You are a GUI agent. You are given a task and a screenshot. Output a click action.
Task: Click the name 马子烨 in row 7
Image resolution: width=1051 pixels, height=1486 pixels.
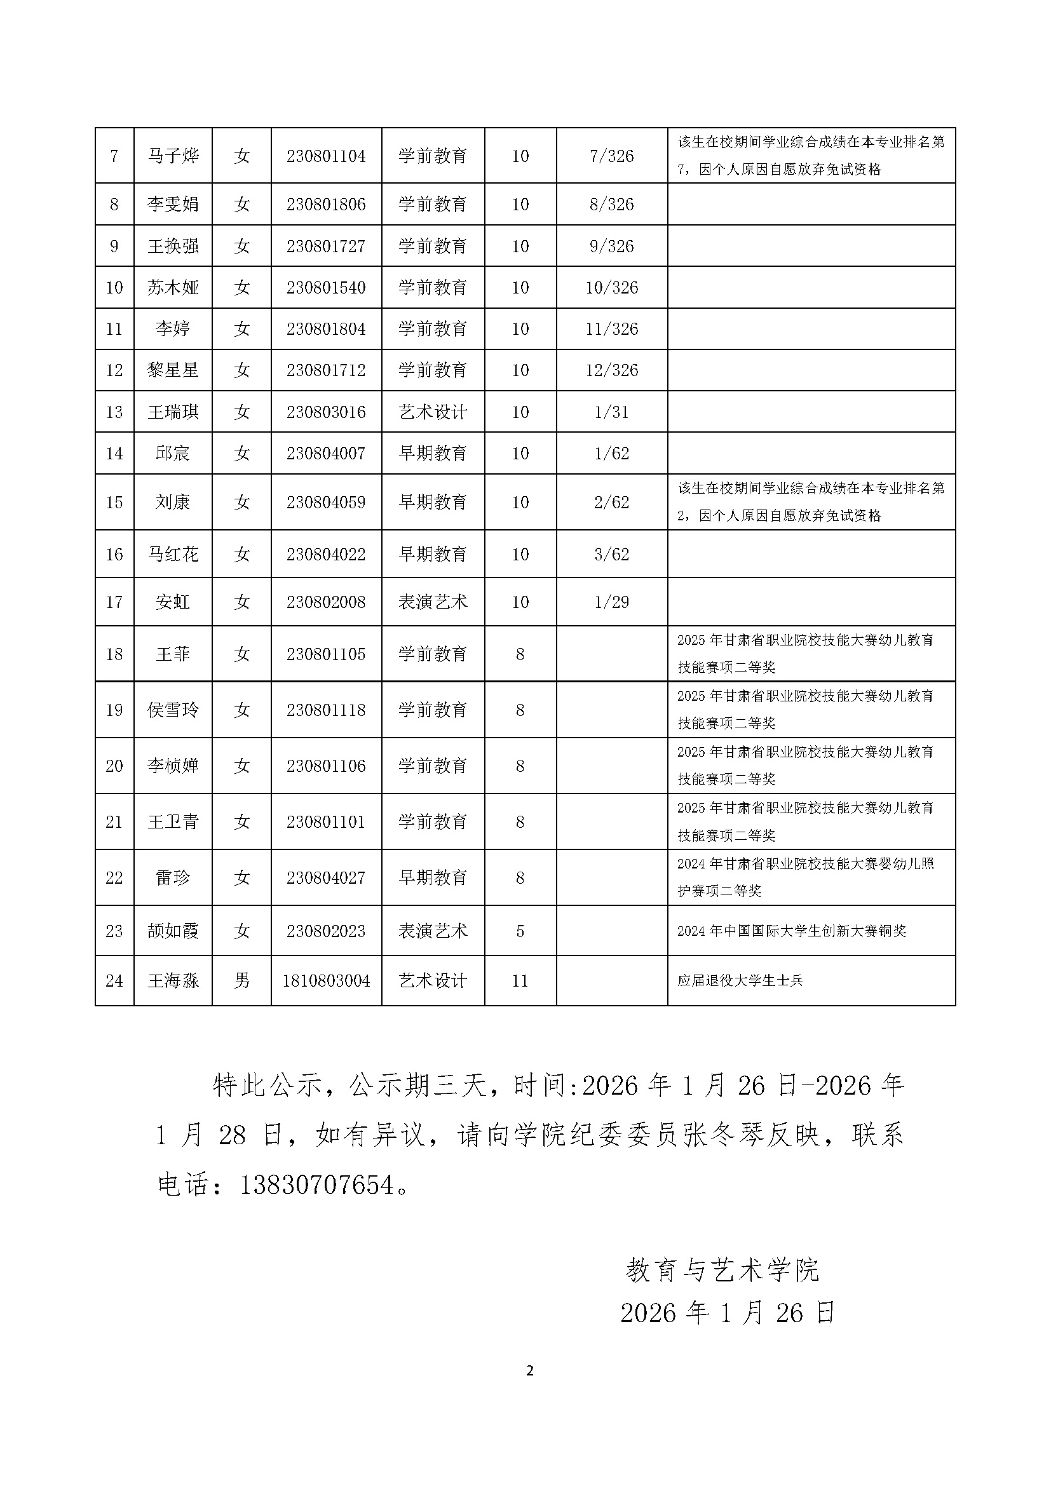click(173, 156)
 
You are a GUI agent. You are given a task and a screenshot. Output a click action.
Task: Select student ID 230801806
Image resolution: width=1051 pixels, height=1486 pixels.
click(326, 205)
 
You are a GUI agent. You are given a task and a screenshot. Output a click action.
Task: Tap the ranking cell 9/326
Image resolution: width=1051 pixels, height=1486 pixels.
click(611, 247)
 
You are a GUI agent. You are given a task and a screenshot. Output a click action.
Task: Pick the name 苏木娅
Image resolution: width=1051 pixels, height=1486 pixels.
click(173, 287)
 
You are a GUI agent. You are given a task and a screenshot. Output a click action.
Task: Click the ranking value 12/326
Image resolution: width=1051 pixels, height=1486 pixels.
click(611, 370)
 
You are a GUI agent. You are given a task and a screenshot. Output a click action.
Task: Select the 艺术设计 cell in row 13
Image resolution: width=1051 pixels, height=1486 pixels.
click(433, 412)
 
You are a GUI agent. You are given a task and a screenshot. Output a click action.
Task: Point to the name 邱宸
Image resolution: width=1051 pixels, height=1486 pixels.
click(173, 453)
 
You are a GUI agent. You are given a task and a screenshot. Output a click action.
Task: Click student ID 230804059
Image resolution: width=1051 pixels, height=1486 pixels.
click(326, 503)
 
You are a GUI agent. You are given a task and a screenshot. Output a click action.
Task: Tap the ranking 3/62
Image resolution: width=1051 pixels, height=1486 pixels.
click(611, 554)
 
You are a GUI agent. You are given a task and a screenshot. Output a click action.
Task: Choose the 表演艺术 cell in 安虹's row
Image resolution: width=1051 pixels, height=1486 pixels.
click(433, 602)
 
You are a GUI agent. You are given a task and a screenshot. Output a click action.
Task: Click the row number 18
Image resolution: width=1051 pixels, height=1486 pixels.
click(114, 654)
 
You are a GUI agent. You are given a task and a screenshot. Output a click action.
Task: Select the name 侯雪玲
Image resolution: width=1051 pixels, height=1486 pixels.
click(173, 710)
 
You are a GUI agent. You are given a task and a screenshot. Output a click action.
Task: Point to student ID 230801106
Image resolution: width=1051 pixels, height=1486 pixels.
click(326, 766)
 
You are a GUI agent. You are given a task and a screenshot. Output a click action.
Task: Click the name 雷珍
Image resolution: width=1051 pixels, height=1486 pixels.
click(173, 877)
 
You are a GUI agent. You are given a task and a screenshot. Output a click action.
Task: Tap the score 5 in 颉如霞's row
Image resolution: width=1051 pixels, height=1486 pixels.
click(520, 931)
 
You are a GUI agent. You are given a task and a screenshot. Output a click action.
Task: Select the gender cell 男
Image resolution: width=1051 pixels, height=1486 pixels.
click(241, 980)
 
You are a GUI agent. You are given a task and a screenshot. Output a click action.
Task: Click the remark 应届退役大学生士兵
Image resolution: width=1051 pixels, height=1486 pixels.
click(740, 980)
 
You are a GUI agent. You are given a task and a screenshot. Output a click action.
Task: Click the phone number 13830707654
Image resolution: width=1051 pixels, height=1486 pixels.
click(317, 1185)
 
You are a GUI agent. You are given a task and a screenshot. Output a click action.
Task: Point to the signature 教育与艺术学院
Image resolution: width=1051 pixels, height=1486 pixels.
click(722, 1270)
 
